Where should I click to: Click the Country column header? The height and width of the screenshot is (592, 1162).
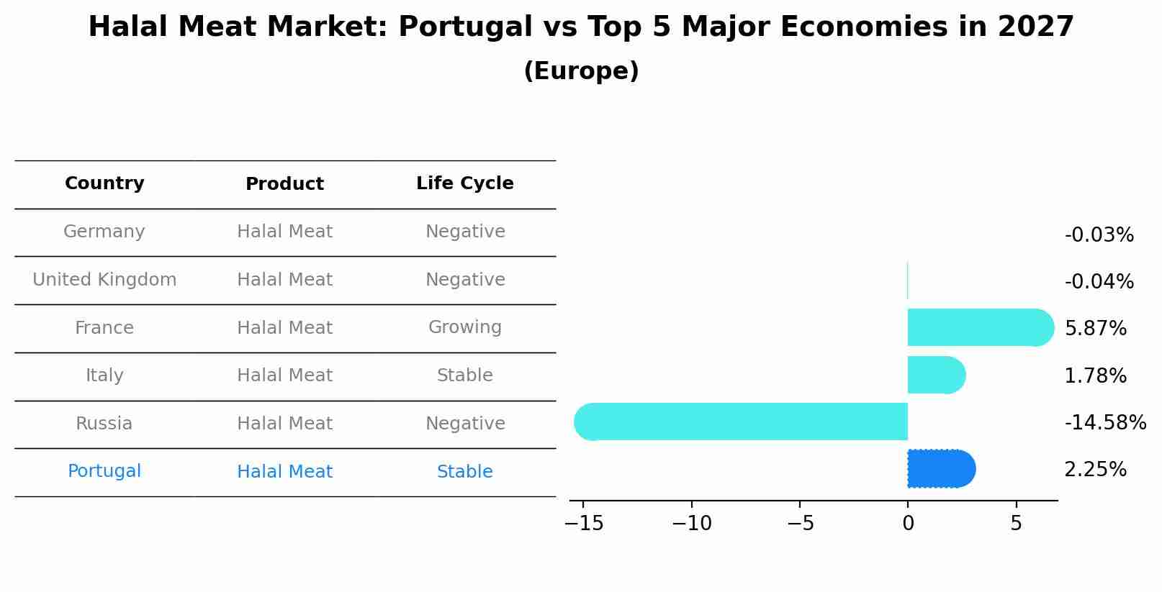104,183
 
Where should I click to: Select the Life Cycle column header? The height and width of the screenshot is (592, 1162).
464,183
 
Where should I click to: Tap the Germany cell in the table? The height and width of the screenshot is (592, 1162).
104,232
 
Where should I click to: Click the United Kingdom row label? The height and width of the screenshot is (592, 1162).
104,280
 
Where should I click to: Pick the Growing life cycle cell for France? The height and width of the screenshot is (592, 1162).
464,327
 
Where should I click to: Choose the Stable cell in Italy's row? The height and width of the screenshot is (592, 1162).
464,375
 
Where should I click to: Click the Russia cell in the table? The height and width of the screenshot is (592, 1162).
104,424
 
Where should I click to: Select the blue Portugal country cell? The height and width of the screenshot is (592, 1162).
104,471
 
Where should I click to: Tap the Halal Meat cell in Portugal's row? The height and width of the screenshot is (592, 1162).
284,472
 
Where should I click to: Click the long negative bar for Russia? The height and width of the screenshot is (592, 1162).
742,422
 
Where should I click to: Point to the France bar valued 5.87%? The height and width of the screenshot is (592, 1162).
979,327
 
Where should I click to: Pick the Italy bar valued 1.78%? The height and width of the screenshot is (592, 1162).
935,375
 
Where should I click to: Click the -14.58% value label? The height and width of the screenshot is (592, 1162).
1104,423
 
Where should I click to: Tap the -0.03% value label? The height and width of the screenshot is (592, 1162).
1099,235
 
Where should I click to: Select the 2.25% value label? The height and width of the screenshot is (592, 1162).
1095,470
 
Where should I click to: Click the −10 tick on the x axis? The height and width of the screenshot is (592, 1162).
691,524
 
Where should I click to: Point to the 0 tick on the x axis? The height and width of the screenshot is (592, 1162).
908,524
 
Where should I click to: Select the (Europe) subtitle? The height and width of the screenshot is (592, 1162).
581,71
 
